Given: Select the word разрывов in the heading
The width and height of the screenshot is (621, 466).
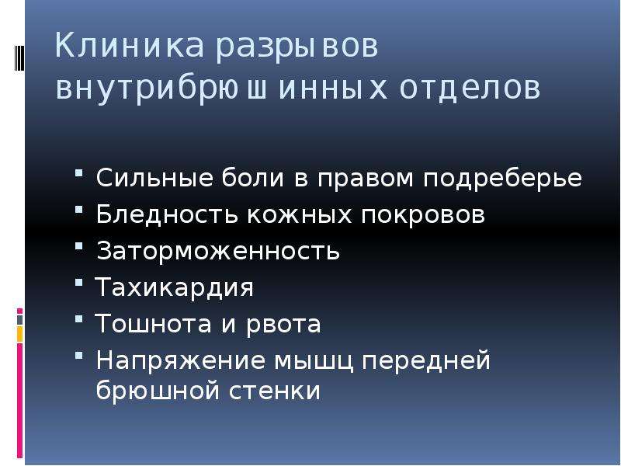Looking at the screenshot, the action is tap(297, 47).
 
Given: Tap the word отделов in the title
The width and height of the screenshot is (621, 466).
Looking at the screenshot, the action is tap(470, 88).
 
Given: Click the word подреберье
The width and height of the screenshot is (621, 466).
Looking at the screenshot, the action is tap(502, 179).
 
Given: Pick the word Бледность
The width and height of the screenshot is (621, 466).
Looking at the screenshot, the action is tap(167, 214).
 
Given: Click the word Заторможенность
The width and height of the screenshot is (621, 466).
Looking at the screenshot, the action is tap(218, 251).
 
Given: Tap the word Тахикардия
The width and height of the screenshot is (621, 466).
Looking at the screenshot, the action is tap(174, 287).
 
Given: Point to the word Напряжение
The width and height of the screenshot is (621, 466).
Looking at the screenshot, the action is tap(181, 361).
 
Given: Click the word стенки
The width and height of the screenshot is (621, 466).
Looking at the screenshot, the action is tap(275, 391).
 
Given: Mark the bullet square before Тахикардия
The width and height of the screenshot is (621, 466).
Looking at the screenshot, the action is tap(79, 283).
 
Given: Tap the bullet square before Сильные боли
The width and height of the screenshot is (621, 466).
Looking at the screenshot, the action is tap(79, 172).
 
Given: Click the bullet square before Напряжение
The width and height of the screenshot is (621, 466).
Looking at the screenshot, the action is tap(79, 355).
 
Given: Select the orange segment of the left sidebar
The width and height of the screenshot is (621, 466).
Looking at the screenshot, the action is tap(20, 334).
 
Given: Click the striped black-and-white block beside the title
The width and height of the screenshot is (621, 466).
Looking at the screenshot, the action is tap(19, 57).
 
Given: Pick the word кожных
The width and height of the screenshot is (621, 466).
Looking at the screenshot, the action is tap(300, 214).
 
